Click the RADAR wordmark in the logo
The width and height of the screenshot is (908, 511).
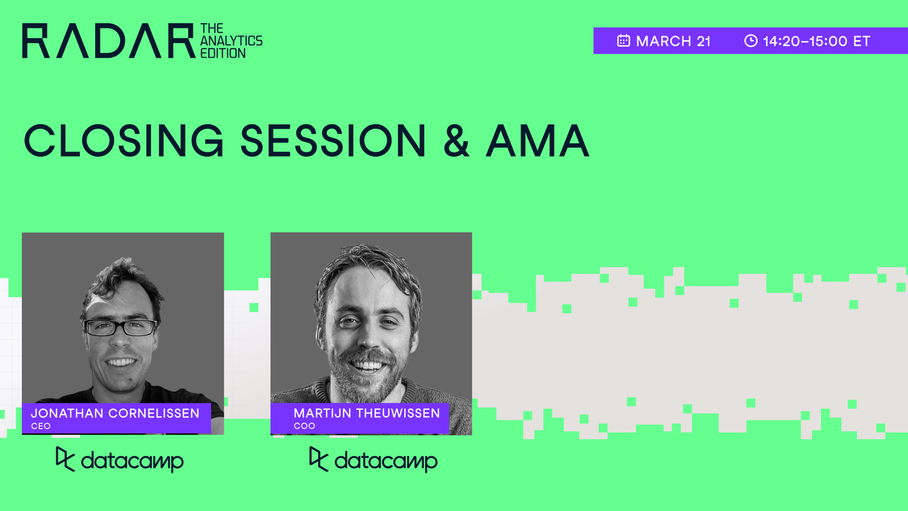coord(108,41)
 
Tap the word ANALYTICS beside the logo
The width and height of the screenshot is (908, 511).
coord(231,41)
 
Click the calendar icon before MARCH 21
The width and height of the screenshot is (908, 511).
coord(623,41)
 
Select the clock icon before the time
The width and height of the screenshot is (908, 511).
coord(751,41)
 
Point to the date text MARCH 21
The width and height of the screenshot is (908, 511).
coord(673,41)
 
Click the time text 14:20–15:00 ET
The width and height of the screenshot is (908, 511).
coord(816,41)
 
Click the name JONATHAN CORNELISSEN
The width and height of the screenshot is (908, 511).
coord(115,413)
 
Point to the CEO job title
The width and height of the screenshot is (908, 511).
coord(41,426)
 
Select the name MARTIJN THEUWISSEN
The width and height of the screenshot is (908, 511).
coord(367,413)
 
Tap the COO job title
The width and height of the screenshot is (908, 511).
coord(304,426)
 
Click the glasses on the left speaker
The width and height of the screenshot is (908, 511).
coord(120,327)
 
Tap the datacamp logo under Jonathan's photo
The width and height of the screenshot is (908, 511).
coord(120,460)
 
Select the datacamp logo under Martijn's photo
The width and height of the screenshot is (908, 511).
coord(373,460)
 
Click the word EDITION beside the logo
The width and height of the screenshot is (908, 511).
coord(223,53)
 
